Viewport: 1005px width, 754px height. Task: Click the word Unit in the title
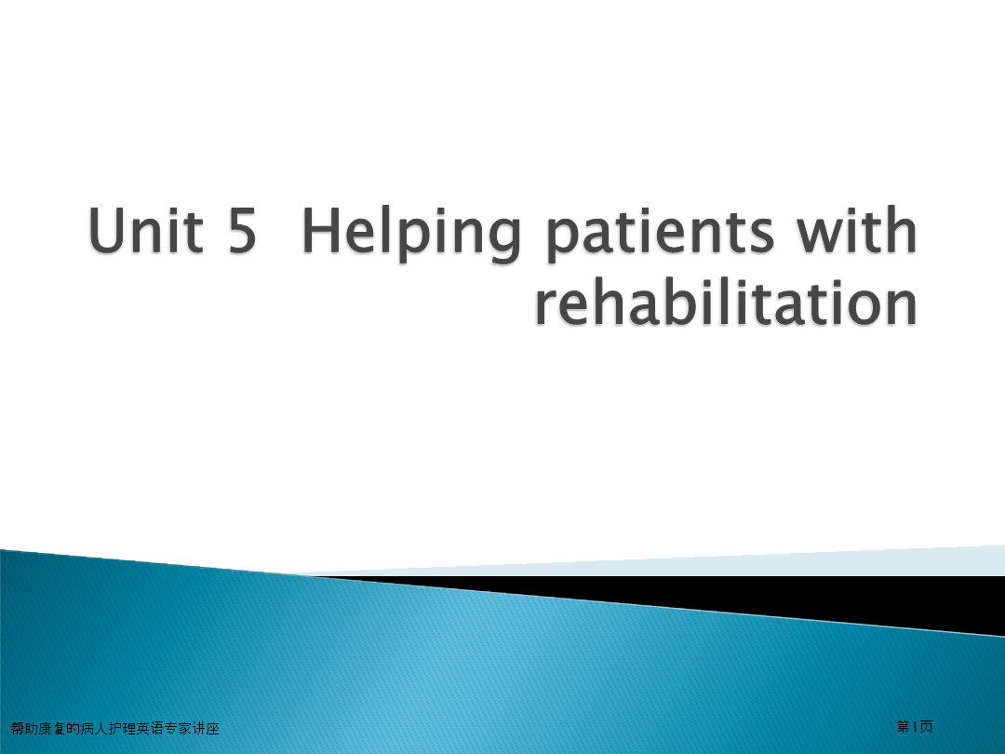146,230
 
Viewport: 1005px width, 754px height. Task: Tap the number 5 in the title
242,231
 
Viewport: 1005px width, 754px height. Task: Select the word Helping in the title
411,234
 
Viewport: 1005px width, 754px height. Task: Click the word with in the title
857,230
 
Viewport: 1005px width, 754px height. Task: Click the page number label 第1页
915,726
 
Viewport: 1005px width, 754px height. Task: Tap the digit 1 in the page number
915,726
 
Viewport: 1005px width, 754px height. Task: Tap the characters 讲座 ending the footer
206,728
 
